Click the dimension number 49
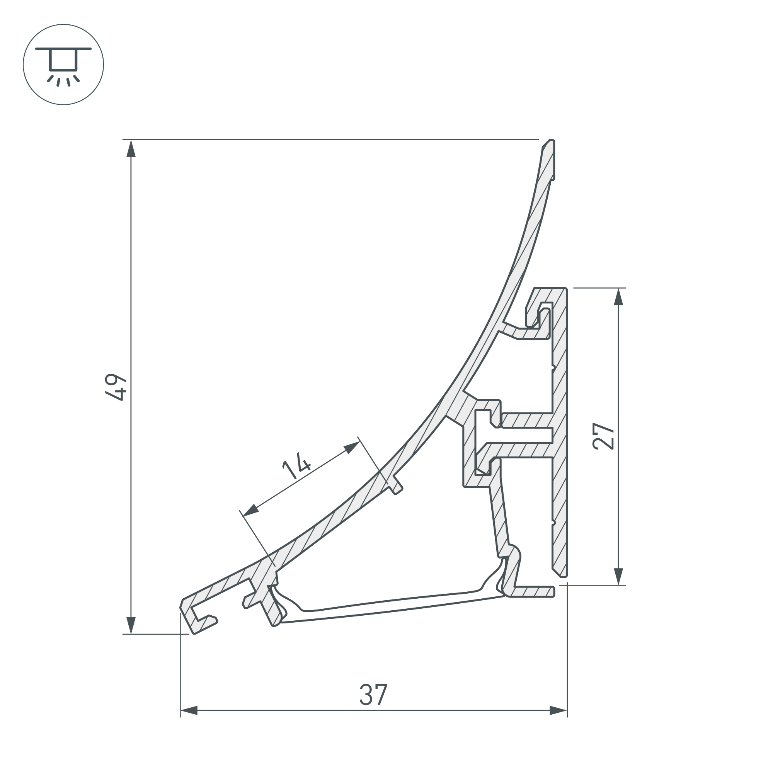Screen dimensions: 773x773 coord(116,387)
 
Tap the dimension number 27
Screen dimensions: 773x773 coord(603,436)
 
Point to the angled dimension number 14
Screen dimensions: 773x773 coord(296,465)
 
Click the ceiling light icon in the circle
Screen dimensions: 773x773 coord(63,65)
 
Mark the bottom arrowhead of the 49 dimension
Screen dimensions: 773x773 coord(131,625)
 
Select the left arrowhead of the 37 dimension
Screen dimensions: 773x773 coord(189,722)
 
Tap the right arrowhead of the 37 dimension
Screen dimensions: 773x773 coord(558,722)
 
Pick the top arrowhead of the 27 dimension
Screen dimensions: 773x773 coord(618,296)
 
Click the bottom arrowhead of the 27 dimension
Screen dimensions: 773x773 coord(618,576)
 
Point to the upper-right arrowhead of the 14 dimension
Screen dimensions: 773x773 coord(352,447)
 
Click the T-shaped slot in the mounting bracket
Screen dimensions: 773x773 coord(516,435)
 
